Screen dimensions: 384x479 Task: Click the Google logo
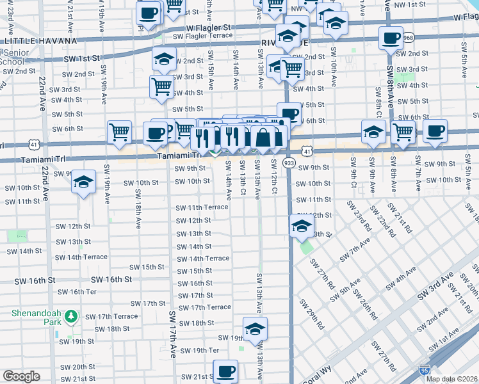(x=21, y=376)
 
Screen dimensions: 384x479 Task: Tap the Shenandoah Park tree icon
(x=72, y=316)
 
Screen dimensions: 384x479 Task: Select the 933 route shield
(x=289, y=164)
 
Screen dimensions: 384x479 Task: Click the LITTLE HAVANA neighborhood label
(x=30, y=41)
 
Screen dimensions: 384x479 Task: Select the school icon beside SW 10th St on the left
(x=83, y=182)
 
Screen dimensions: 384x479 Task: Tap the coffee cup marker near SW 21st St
(x=225, y=371)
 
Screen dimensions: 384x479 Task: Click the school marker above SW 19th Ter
(x=255, y=329)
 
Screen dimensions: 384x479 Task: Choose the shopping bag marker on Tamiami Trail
(x=263, y=136)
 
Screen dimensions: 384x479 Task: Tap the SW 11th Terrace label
(x=202, y=207)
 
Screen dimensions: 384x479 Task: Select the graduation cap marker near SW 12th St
(x=301, y=226)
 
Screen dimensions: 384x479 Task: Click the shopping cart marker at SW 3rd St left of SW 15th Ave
(x=161, y=86)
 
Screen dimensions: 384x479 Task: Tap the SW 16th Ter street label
(x=76, y=292)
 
